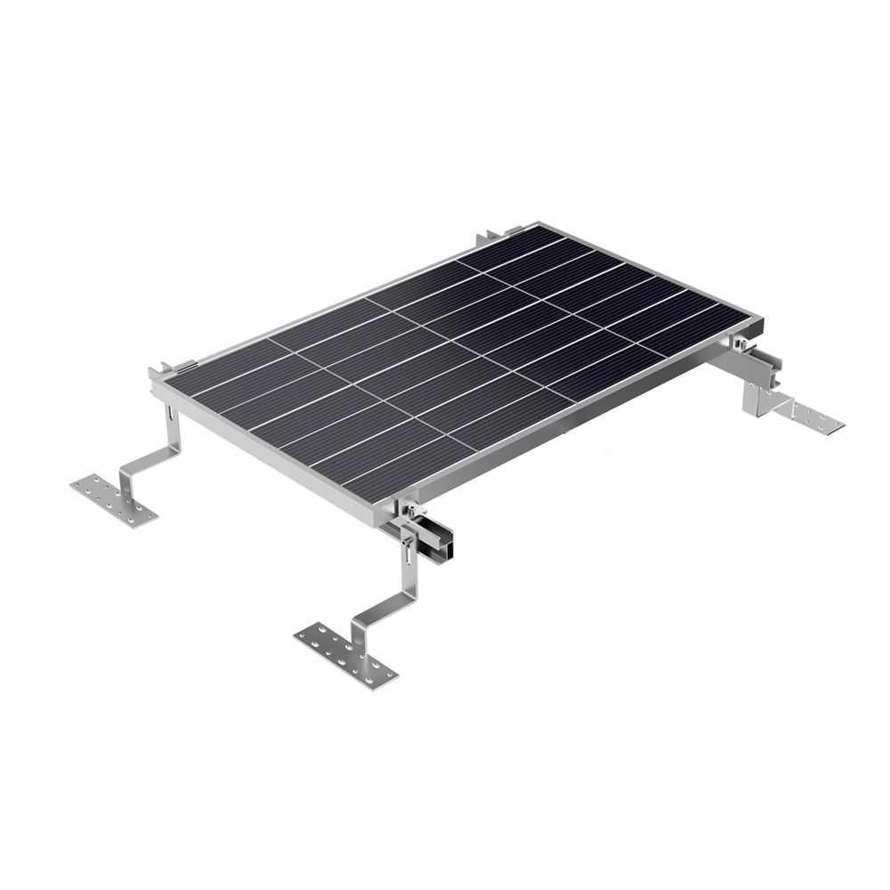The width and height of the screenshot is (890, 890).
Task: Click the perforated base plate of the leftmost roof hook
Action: (x=111, y=495)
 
